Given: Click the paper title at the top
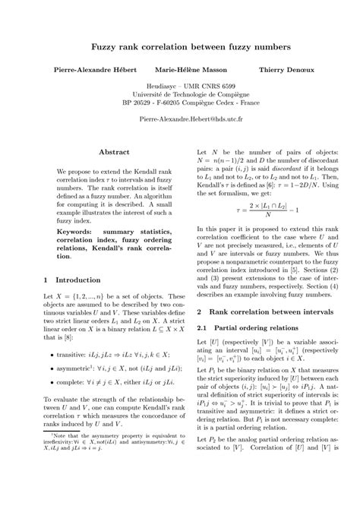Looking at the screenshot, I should coord(180,46).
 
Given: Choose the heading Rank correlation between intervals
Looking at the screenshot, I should coord(270,312).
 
